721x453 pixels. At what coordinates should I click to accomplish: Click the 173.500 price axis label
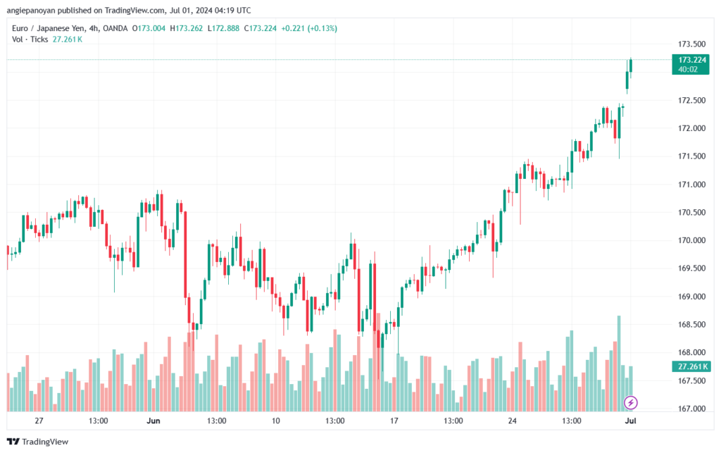pos(691,44)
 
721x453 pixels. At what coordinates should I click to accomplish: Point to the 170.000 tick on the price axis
pos(691,240)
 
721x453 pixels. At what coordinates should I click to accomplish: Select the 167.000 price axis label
pos(691,409)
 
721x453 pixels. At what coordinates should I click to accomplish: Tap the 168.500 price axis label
pos(691,325)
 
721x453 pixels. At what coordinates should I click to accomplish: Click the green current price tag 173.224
pos(691,60)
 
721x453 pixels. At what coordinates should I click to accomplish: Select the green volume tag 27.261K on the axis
pos(693,367)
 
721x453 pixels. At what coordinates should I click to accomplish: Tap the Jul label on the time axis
pos(630,421)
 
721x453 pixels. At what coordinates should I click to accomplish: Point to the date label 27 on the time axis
pos(39,421)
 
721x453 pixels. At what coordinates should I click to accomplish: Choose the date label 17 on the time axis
pos(394,421)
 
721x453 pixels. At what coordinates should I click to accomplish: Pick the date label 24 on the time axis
pos(513,421)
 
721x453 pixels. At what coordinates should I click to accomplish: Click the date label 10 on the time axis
pos(275,421)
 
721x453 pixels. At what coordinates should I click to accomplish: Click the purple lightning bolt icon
pos(631,403)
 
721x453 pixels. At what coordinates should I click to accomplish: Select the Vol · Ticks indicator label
pos(30,39)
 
